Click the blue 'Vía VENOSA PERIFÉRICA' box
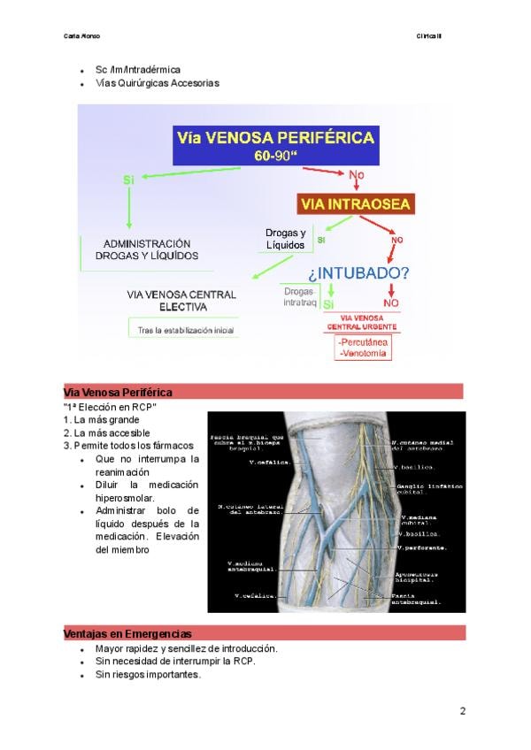275,145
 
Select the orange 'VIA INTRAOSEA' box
355,205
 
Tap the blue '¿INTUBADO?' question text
358,272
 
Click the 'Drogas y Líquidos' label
285,239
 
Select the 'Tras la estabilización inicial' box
186,330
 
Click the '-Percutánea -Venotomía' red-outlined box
363,348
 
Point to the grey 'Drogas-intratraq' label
298,296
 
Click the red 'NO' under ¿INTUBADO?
390,303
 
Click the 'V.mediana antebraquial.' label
253,566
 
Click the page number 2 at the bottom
462,711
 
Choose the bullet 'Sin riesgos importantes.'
148,674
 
